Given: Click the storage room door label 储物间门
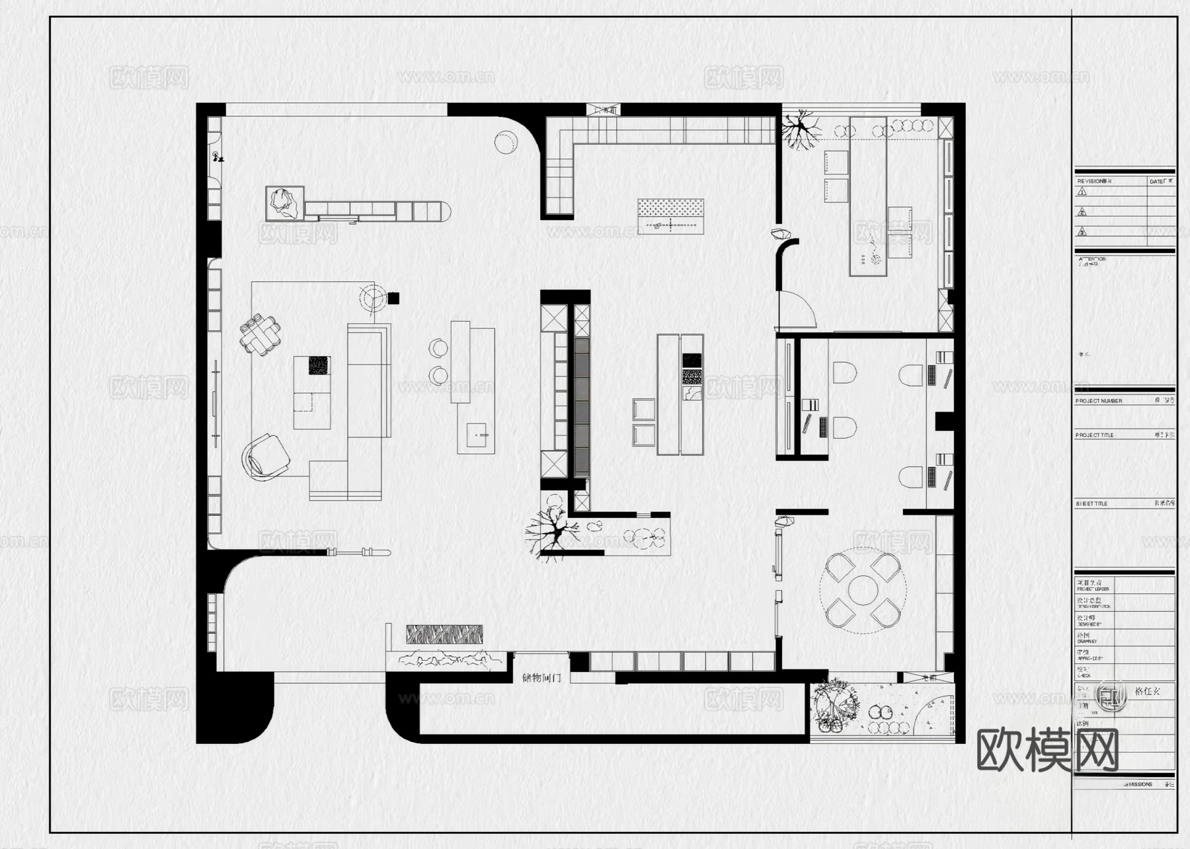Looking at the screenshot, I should point(541,678).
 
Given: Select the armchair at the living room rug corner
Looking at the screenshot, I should point(267,456).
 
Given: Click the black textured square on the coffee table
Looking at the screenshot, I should point(319,365).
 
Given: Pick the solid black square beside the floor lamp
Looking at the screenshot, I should point(393,298).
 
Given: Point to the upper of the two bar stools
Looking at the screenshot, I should point(438,348).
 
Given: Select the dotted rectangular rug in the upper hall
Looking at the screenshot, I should point(670,215).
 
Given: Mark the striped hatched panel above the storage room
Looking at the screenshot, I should point(444,635).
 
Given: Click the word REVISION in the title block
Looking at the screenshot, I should point(1091,181).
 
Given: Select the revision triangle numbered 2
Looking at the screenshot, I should point(1082,212).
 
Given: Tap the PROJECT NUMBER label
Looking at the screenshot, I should point(1098,401).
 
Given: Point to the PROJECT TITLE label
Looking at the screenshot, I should point(1094,435).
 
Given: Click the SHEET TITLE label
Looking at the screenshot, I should point(1091,504).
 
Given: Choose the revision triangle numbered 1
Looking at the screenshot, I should point(1082,192).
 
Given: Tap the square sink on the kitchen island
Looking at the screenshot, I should point(476,435).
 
